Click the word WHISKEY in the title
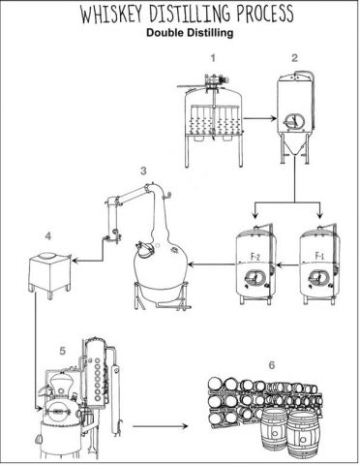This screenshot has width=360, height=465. coord(110,14)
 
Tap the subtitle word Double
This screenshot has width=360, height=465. coord(164,33)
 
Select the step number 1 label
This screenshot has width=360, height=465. coord(213,58)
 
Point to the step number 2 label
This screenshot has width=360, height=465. coord(294,58)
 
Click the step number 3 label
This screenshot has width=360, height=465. coord(143,170)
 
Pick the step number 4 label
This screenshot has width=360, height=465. coord(47,236)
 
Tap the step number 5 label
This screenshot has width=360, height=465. coord(63,351)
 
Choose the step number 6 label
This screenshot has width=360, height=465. coord(272,365)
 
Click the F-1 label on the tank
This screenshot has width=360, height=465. coord(319,256)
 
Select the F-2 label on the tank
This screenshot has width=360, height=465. coord(255,257)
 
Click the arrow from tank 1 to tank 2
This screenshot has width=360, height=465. coord(260,118)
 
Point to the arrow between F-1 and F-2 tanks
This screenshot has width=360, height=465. coord(287,265)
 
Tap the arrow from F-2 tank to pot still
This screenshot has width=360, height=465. coord(212,264)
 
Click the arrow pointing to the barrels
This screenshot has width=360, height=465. coord(161,426)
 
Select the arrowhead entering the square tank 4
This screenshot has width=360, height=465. coord(75,260)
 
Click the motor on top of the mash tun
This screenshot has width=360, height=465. coord(214,79)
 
